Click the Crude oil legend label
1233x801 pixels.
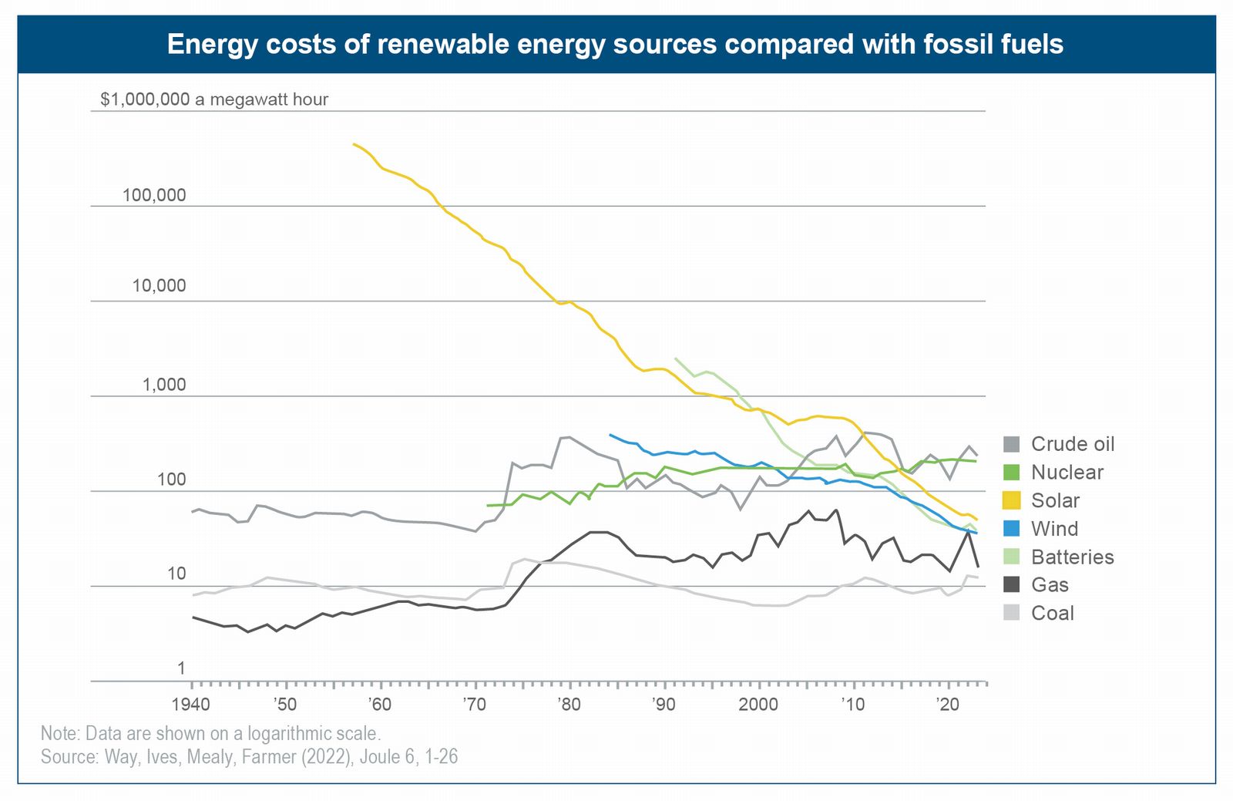tap(1072, 444)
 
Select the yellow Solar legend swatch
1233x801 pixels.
tap(1011, 500)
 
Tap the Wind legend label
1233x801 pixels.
tap(1054, 529)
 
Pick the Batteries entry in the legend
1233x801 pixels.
tap(1072, 557)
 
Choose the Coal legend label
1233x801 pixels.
tap(1052, 613)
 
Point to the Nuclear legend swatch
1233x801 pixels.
tap(1011, 472)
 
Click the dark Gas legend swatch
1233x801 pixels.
tap(1011, 584)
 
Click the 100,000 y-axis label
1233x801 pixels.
tap(154, 195)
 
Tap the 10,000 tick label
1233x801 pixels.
tap(159, 286)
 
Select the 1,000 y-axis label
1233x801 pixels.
tap(164, 385)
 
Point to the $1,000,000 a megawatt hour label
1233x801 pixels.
tap(214, 99)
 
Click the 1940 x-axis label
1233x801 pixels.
tap(190, 704)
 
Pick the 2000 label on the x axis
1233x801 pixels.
tap(758, 704)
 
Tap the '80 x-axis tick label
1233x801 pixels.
tap(569, 704)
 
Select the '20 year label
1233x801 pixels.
tap(947, 704)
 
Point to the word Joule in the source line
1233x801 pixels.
tap(380, 757)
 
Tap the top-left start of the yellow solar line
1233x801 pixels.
tap(354, 144)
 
